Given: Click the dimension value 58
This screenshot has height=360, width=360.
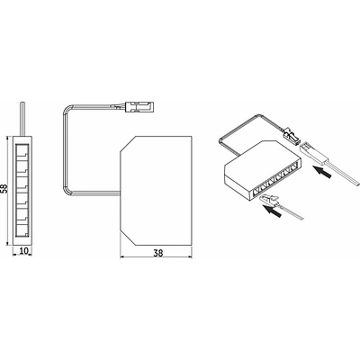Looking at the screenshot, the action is coord(4,187).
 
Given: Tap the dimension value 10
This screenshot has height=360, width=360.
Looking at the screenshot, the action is coord(22,251).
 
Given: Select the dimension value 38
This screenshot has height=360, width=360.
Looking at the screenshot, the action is coord(157,253).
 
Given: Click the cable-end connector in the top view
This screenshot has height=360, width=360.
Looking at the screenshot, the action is coord(140,106).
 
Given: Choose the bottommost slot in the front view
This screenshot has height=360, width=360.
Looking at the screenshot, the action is coord(22,229).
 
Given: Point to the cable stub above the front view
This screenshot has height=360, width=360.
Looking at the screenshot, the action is coord(22,119).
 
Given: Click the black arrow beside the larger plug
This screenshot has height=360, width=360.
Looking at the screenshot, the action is coord(322,172).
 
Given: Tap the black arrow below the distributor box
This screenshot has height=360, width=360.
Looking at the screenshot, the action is coord(272,211).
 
